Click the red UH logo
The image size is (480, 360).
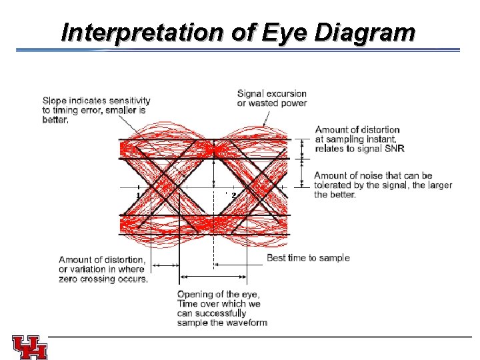pos(30,347)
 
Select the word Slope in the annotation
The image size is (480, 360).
pos(55,100)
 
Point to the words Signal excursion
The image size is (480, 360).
pos(272,93)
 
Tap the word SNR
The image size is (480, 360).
pos(393,149)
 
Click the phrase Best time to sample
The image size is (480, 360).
pos(308,258)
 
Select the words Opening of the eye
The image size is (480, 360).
pos(219,295)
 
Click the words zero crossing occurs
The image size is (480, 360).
pos(103,279)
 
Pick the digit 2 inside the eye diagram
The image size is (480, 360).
pos(233,195)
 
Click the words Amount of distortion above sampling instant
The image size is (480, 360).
pos(357,129)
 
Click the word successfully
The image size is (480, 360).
pos(221,313)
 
